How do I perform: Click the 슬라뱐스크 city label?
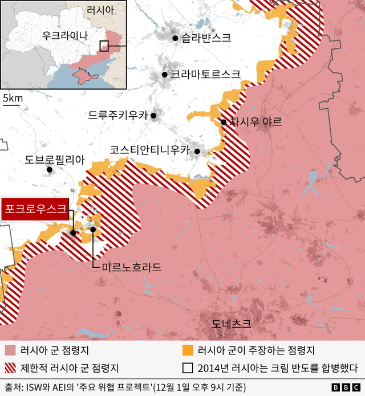(206, 38)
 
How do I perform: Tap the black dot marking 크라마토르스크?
(164, 74)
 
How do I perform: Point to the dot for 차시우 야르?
(223, 122)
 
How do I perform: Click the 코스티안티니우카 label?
(149, 150)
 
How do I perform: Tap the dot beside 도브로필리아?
(50, 169)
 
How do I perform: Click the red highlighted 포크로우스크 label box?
(35, 208)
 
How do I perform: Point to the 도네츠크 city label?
(231, 324)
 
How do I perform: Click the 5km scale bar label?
(13, 98)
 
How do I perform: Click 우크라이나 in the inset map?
(65, 35)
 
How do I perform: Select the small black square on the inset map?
(104, 46)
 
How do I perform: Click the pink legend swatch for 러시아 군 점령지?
(10, 350)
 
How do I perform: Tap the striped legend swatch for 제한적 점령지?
(10, 368)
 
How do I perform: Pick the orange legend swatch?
(186, 350)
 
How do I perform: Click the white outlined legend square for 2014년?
(186, 368)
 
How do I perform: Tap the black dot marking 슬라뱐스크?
(176, 38)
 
